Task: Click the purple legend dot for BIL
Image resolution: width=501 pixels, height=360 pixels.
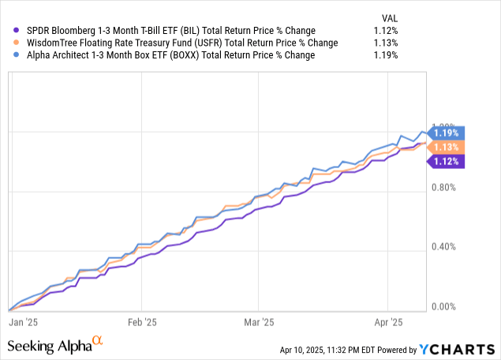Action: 8,30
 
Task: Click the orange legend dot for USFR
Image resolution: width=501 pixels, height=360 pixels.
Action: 8,43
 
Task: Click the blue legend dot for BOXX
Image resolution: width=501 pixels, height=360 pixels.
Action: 8,55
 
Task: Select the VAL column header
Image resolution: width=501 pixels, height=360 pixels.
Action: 389,16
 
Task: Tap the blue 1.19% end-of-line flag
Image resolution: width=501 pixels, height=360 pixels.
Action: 447,133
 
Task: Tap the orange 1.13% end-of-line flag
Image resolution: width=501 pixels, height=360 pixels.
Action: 447,147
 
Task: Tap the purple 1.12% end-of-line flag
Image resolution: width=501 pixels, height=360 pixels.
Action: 447,162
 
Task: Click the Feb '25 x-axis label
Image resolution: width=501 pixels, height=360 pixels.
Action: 141,322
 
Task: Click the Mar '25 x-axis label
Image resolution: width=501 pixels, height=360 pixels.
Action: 258,322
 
